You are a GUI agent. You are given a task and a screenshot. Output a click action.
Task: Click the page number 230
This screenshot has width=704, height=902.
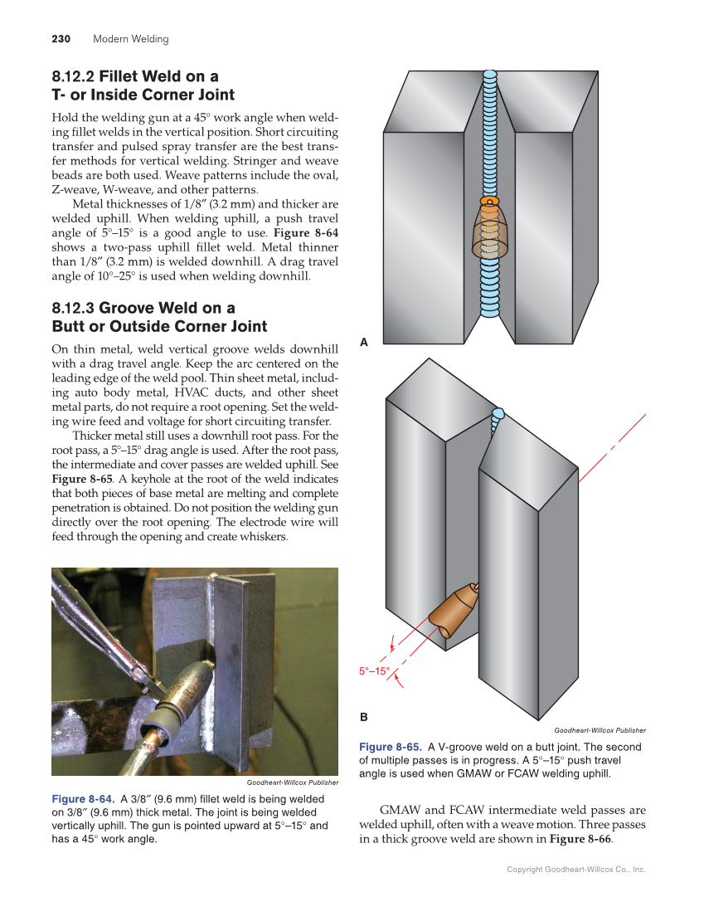pos(61,39)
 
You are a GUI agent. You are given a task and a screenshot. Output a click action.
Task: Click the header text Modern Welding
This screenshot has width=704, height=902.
pos(130,39)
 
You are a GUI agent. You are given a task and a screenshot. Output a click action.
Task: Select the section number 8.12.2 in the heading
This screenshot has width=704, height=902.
pos(73,77)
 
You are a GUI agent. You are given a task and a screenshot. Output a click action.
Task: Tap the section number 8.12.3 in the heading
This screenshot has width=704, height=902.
pos(73,309)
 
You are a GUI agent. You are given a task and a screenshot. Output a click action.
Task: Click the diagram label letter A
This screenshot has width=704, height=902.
pos(363,342)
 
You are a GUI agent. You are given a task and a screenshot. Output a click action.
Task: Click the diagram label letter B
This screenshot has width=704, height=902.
pos(363,715)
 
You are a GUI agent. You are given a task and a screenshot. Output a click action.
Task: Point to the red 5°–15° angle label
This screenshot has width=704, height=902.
pos(374,670)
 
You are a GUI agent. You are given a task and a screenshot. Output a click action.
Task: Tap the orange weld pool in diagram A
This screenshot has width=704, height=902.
pos(490,202)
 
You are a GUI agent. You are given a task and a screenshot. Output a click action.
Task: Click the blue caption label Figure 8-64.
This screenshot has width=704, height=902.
pos(83,799)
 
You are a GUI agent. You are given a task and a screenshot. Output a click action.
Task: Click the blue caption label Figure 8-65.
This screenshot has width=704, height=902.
pos(390,747)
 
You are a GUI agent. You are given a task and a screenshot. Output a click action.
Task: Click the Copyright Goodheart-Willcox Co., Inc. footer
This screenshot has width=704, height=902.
pos(575,870)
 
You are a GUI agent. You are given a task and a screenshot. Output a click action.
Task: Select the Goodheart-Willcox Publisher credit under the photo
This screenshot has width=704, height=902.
pos(292,783)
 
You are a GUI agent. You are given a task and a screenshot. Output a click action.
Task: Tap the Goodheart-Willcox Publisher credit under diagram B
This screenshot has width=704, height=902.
pos(599,730)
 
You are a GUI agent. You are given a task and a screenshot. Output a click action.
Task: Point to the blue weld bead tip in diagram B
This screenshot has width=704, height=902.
pos(498,413)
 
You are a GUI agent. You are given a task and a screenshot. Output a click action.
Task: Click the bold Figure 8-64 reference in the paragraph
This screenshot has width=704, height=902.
pos(305,233)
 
